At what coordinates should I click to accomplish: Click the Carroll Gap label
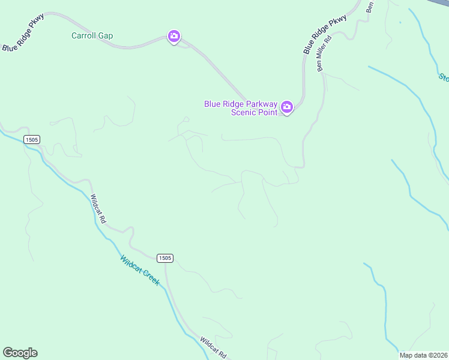92,35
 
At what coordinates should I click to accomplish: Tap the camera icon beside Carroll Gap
174,37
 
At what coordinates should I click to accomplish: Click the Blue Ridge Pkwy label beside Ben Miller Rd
325,35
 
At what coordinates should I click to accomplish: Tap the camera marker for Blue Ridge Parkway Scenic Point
287,107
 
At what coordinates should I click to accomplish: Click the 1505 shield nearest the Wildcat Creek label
165,258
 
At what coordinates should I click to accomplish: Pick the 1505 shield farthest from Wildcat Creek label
32,140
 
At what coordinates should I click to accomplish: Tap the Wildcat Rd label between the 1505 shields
98,209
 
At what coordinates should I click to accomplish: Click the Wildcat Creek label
140,271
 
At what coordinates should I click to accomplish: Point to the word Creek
150,278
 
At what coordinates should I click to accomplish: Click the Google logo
20,353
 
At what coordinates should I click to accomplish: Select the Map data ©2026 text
423,355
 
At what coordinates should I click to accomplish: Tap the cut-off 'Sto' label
444,77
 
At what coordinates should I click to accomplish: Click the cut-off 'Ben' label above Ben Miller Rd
370,7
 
